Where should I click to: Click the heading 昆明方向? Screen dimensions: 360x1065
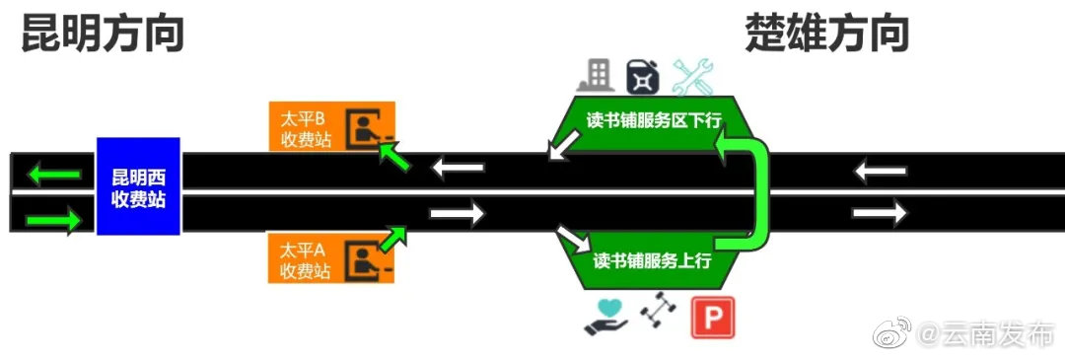click(x=104, y=36)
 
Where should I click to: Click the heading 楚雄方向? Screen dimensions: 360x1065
click(x=827, y=36)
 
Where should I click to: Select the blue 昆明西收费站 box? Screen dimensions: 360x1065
click(x=138, y=186)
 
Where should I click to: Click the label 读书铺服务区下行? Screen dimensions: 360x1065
click(x=654, y=121)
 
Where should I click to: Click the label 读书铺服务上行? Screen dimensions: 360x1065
click(x=652, y=260)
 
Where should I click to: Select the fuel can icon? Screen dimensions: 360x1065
click(x=642, y=77)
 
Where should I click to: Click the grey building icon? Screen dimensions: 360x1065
click(x=597, y=75)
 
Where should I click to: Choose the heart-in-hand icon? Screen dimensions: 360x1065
click(x=604, y=315)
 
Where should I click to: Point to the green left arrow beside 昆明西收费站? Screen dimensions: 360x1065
click(x=53, y=176)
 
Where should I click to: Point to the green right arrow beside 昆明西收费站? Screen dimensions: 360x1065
click(x=53, y=220)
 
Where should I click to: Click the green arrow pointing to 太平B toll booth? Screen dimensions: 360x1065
click(x=394, y=155)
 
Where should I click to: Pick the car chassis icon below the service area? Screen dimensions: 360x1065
click(x=656, y=315)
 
